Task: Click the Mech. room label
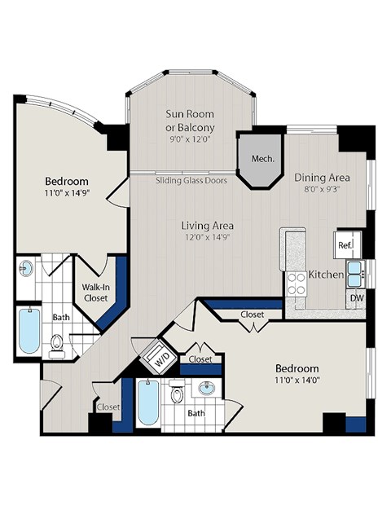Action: pos(261,158)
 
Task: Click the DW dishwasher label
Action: pos(357,298)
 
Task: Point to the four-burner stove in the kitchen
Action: pos(297,283)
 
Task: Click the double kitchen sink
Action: pos(356,274)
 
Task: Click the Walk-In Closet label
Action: pos(97,293)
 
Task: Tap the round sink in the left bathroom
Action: pos(27,268)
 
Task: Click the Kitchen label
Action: pos(326,275)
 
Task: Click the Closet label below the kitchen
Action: pos(252,315)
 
